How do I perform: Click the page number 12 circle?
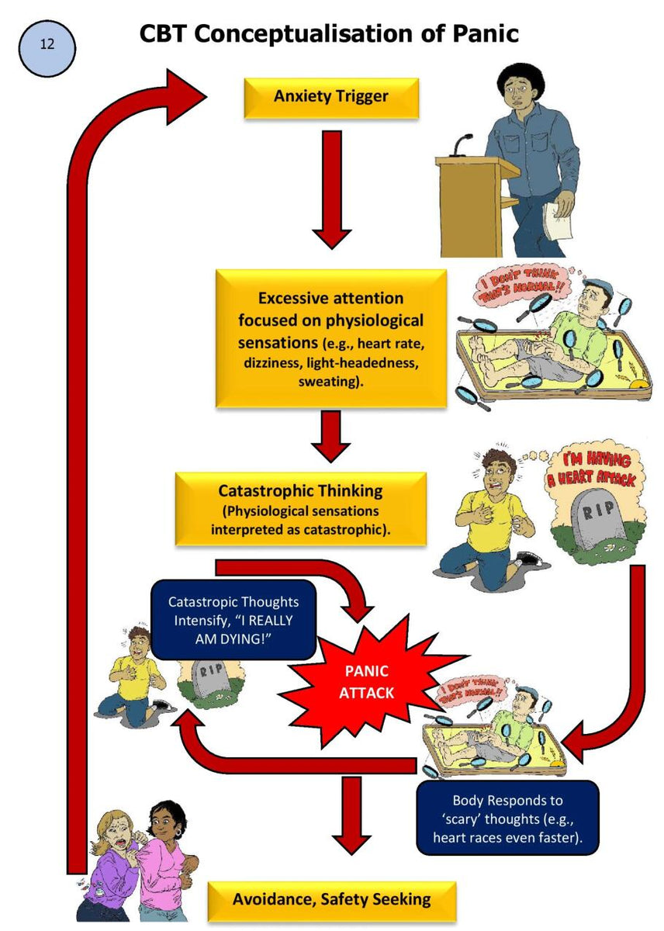tap(47, 48)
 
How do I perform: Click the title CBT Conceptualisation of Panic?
tap(329, 34)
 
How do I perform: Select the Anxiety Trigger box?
tap(330, 97)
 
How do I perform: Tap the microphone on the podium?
tap(463, 143)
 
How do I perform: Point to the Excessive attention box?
tap(330, 338)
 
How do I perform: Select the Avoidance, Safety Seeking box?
tap(330, 900)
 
